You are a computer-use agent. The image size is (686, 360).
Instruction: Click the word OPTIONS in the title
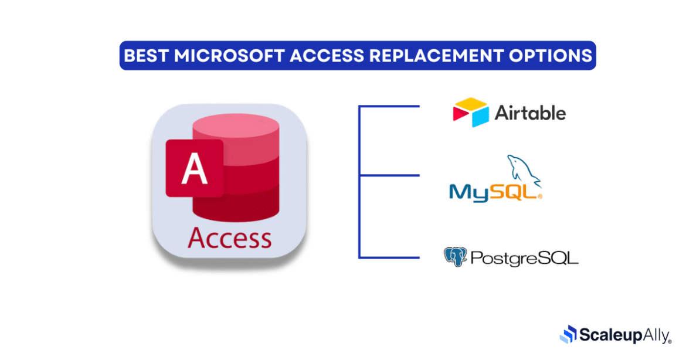click(554, 56)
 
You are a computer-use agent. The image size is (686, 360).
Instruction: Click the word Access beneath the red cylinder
click(229, 237)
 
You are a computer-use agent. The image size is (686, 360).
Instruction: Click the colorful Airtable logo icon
click(470, 112)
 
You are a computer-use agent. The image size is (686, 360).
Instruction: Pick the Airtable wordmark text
click(531, 112)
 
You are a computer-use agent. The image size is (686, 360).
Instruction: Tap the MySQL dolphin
click(523, 170)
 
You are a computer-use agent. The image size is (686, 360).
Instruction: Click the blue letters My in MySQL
click(468, 191)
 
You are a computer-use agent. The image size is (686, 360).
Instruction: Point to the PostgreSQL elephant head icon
click(454, 257)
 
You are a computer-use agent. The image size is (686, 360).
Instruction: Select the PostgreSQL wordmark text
click(524, 257)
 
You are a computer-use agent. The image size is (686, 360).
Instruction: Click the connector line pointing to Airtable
click(389, 107)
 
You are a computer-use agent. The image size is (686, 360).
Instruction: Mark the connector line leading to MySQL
click(389, 175)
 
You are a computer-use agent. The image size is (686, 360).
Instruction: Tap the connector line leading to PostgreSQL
click(389, 257)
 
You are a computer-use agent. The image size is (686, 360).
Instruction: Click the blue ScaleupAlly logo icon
click(568, 334)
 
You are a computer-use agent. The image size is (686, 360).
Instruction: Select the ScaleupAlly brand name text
click(625, 335)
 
